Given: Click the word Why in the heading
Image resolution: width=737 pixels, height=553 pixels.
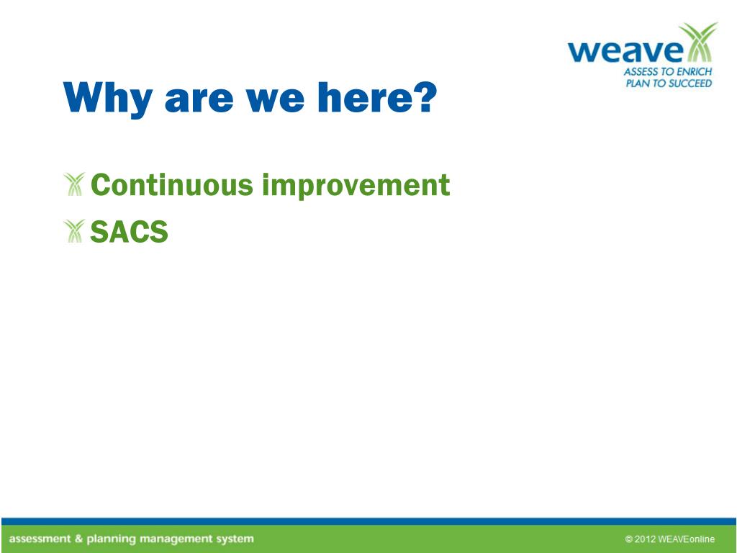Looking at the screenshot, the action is click(108, 99).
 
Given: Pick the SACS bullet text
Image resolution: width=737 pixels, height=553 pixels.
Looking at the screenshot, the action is click(129, 231).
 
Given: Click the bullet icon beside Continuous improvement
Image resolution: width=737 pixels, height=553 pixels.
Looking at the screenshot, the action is click(74, 184).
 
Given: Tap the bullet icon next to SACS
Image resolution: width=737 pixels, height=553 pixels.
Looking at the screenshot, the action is click(74, 230).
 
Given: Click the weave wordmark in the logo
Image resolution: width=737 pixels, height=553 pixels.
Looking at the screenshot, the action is click(625, 51).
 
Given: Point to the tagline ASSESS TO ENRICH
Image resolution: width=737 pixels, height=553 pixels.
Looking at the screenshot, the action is click(668, 72).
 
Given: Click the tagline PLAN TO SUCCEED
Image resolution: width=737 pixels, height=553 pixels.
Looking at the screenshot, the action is click(669, 84).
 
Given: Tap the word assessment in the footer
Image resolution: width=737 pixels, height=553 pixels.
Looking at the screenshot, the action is click(40, 539).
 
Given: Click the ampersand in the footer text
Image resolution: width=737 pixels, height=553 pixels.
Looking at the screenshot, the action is click(78, 539).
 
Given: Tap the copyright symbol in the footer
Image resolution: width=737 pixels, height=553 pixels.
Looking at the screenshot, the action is click(629, 539).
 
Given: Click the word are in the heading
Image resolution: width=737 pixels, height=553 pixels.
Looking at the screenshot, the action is click(199, 99).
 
